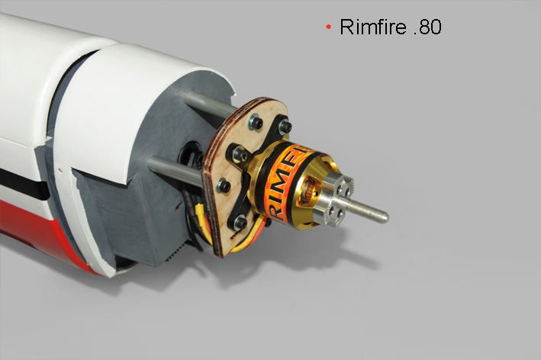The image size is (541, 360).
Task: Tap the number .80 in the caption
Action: coord(427,27)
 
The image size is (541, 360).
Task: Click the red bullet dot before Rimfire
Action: coord(328,27)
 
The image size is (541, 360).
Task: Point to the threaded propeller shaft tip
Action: coord(385,217)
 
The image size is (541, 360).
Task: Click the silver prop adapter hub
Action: coord(336,194)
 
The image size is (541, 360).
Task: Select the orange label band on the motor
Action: coord(285,183)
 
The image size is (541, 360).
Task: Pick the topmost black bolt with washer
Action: coord(256,122)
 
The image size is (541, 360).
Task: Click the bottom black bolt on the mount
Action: coord(240,223)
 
